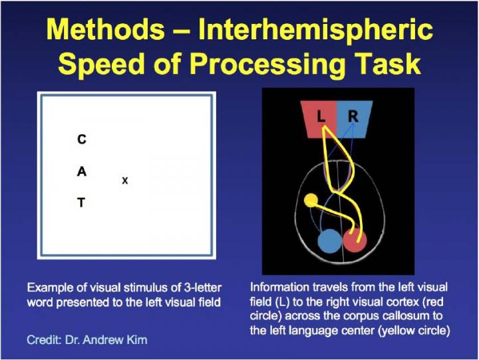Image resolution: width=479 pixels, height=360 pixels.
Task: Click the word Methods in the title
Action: (105, 29)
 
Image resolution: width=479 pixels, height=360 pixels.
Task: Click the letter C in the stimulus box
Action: (82, 139)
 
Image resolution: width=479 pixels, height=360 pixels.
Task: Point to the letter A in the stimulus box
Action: (82, 172)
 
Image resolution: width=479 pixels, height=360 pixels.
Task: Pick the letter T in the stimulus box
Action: (81, 202)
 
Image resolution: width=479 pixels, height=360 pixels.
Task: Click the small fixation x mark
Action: (124, 180)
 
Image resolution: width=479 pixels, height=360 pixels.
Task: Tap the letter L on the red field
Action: (321, 116)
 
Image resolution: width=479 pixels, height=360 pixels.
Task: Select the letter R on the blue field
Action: (353, 116)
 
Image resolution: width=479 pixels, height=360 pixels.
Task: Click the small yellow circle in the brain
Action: (311, 200)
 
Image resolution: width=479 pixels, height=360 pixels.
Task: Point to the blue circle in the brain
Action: (329, 241)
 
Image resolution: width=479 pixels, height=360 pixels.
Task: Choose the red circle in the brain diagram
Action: (355, 241)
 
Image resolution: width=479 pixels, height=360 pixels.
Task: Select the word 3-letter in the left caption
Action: (203, 287)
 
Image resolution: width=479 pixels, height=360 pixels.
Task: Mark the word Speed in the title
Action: (102, 64)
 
